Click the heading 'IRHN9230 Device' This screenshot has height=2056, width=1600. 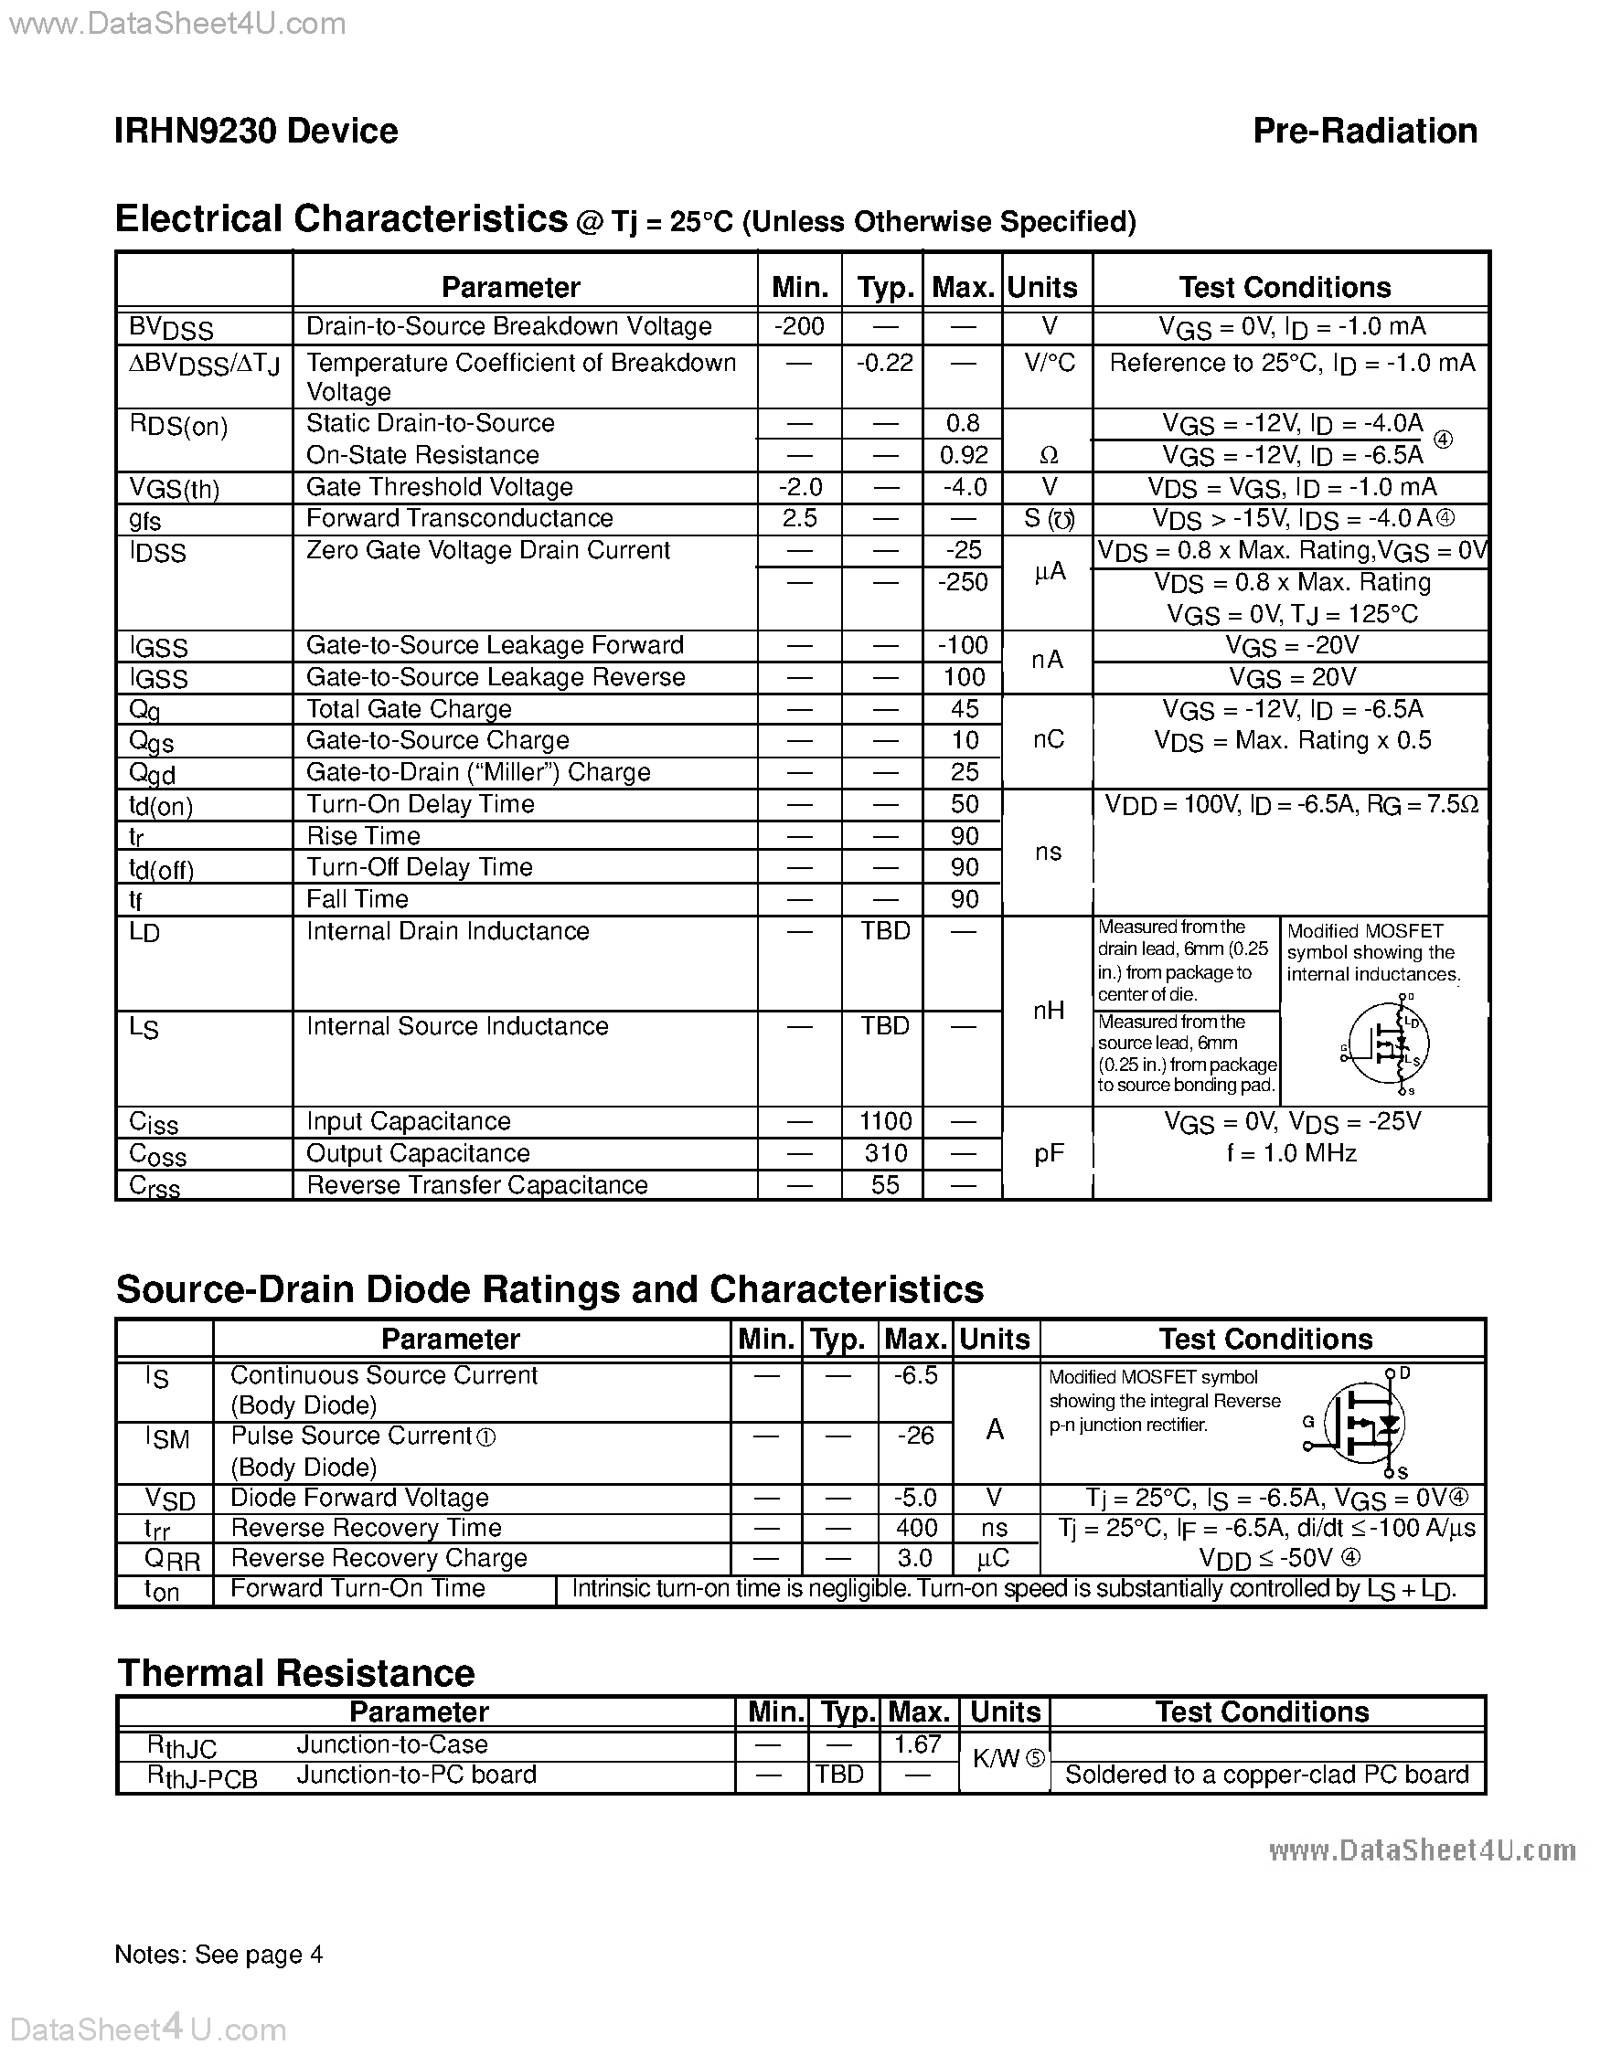tap(256, 131)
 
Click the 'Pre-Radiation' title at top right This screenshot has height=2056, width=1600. tap(1364, 131)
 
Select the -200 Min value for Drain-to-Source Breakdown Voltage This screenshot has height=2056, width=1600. tap(798, 326)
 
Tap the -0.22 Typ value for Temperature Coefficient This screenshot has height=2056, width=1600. tap(883, 363)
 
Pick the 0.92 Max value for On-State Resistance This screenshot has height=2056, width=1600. tap(964, 456)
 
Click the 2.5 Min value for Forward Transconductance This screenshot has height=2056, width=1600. tap(798, 519)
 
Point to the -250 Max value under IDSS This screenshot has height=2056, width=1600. tap(963, 583)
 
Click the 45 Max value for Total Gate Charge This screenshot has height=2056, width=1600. tap(965, 709)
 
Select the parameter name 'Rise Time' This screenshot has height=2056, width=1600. tap(363, 836)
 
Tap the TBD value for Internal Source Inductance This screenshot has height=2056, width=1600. tap(884, 1026)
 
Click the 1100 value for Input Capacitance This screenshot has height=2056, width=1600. tap(884, 1121)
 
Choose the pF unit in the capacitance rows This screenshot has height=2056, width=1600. tap(1048, 1154)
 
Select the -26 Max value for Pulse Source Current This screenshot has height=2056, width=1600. tap(915, 1436)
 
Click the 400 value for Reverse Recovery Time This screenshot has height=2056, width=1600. tap(915, 1528)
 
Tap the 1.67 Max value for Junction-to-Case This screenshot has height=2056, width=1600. tap(917, 1744)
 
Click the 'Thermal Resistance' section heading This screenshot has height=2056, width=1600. tap(295, 1673)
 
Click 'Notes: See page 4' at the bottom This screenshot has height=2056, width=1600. tap(219, 1955)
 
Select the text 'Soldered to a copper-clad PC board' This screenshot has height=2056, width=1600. tap(1265, 1775)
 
